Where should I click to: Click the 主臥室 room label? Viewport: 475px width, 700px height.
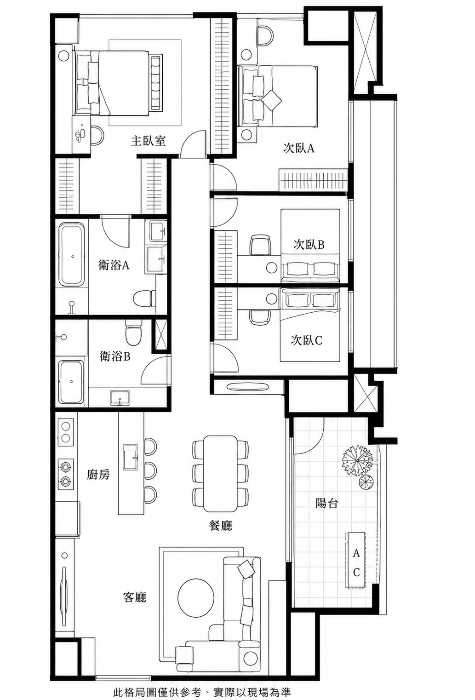148,141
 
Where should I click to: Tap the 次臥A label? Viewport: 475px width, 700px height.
299,148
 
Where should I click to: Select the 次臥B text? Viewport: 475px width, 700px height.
309,244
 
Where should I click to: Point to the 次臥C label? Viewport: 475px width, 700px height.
306,340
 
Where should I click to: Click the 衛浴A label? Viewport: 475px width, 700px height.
114,265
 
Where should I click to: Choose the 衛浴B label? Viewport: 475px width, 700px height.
114,356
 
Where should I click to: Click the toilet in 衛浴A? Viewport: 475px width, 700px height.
144,298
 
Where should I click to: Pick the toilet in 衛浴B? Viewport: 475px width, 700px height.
133,332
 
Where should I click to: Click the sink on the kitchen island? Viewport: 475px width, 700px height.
131,457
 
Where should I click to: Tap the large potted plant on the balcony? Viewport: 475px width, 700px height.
356,461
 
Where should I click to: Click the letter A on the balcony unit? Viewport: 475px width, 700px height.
356,553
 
